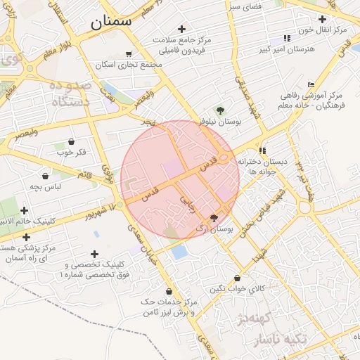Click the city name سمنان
pos(110,21)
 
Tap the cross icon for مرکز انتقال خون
pos(322,19)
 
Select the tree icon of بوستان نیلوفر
pos(220,110)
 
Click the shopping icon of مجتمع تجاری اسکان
pos(128,53)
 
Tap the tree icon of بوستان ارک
pos(214,218)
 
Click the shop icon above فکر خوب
pos(71,141)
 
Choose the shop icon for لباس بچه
pos(46,176)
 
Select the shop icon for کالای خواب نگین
pos(237,278)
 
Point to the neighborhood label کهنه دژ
pos(255,318)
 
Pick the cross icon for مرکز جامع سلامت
pos(182,29)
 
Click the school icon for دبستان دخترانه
pos(262,150)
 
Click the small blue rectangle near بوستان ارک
pos(179,252)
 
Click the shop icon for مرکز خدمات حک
pos(168,291)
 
